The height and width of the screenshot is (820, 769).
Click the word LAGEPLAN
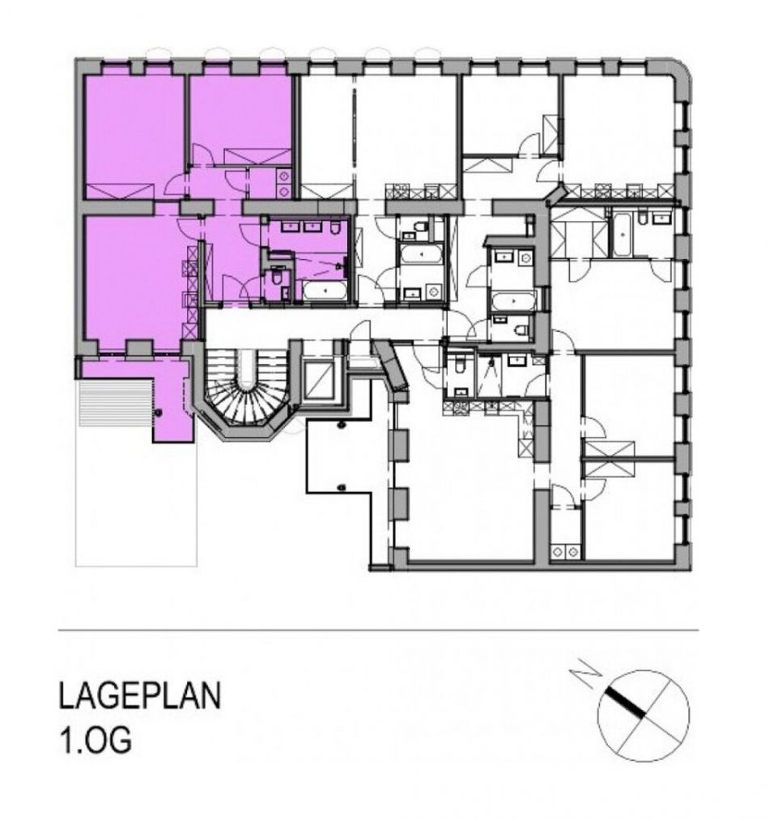point(140,696)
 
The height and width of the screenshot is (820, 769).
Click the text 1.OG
point(95,741)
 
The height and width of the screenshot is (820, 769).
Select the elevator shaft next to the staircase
point(318,380)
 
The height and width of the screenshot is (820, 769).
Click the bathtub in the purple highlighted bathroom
point(325,291)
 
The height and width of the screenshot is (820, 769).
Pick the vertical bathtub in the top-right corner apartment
point(622,234)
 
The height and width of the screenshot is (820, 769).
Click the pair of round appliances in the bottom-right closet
point(566,551)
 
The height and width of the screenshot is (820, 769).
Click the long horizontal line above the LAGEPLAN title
point(378,630)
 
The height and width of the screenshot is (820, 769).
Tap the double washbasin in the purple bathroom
point(302,227)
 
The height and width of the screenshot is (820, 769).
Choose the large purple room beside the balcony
point(134,283)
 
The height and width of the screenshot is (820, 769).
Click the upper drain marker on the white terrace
point(342,425)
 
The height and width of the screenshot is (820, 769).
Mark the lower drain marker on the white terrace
point(342,487)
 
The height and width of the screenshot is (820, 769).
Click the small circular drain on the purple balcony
point(158,413)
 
